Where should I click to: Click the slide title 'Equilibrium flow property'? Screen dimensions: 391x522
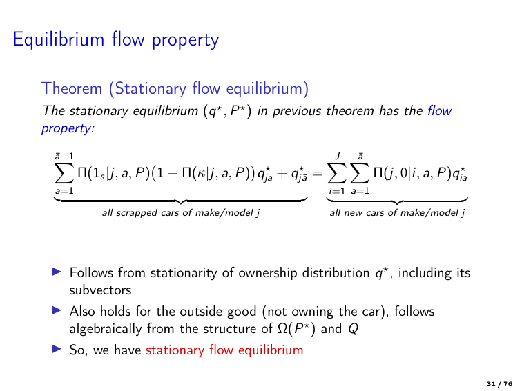click(116, 39)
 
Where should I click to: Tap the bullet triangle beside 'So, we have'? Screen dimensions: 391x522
click(59, 350)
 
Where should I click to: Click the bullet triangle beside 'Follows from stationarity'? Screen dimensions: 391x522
click(59, 273)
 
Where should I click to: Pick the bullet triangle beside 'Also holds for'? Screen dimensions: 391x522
click(59, 312)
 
